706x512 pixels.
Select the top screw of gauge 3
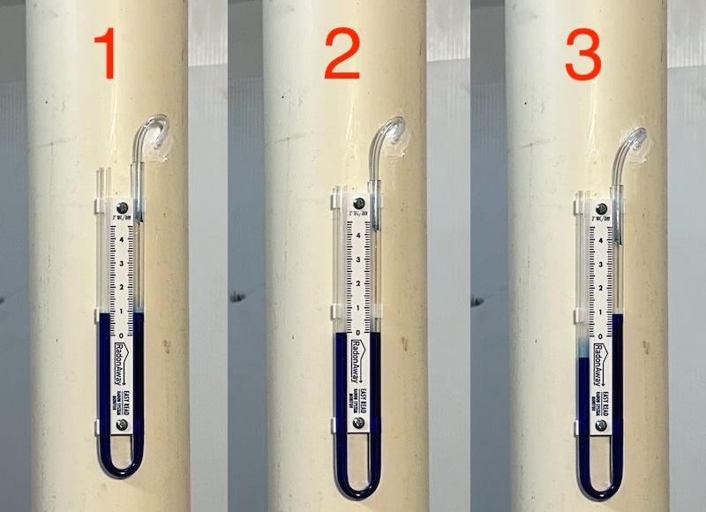point(600,207)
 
